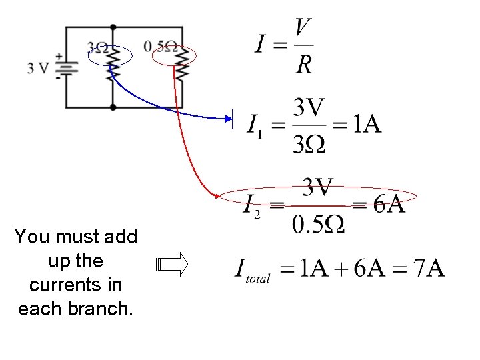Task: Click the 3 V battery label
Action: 37,67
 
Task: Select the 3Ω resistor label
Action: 97,48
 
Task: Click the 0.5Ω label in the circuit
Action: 161,47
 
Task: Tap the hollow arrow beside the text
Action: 172,265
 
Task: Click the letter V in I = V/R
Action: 303,28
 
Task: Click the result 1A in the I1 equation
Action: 366,124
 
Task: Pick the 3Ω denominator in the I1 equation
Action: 309,144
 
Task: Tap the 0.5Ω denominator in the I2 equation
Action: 319,225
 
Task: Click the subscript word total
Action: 258,279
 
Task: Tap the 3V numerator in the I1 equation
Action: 309,106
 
